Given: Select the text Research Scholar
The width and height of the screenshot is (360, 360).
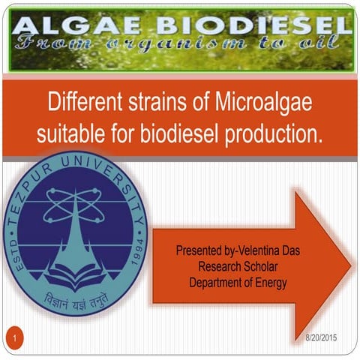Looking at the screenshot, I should click(x=236, y=265).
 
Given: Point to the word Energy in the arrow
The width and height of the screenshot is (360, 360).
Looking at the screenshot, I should click(x=269, y=281).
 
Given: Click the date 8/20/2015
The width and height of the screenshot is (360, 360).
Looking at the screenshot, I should click(x=321, y=337).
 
